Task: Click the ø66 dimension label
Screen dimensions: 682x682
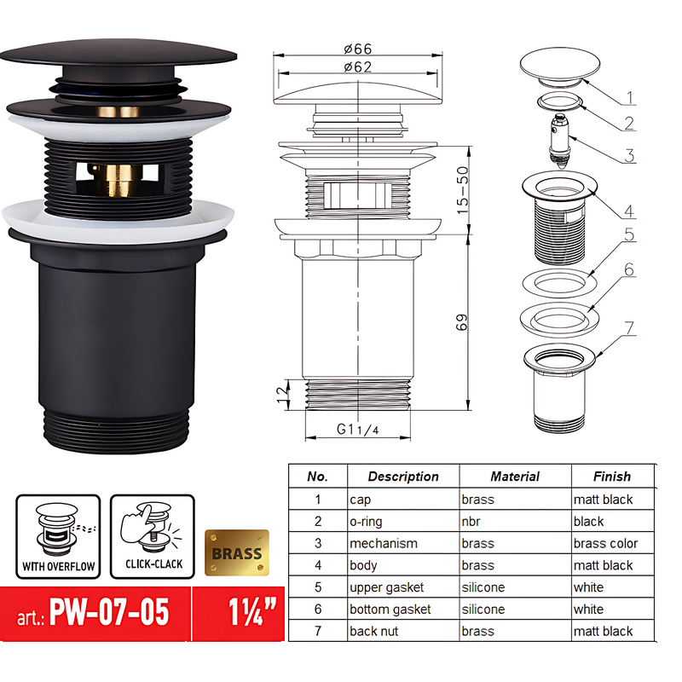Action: click(x=359, y=50)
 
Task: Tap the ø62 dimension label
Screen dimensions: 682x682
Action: click(x=359, y=67)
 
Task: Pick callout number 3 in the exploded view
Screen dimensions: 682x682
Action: click(x=629, y=155)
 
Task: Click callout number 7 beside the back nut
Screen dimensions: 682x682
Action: click(x=629, y=327)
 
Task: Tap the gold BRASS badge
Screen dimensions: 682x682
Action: click(x=237, y=552)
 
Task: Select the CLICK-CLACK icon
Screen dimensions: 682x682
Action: click(x=151, y=537)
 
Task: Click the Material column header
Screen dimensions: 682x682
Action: click(x=515, y=477)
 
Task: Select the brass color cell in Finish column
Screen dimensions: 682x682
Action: click(x=606, y=543)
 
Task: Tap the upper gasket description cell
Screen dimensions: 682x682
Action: click(x=386, y=587)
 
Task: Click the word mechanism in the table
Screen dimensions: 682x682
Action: click(x=384, y=543)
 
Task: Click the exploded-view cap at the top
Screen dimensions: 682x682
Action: click(x=553, y=66)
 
